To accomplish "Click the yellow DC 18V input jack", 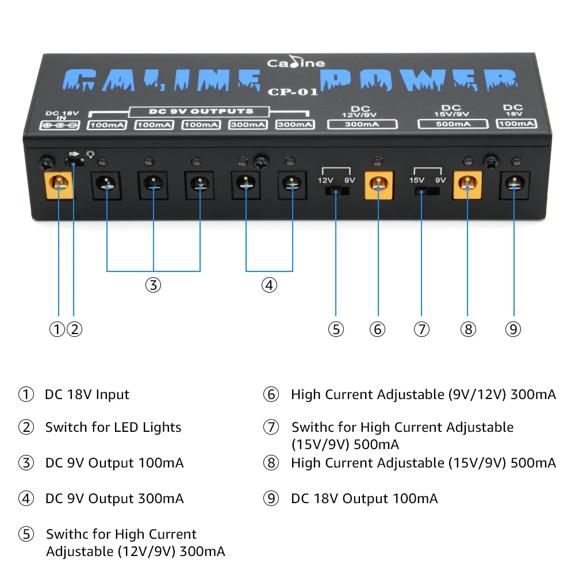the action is (x=59, y=186).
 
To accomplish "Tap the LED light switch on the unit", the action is (x=74, y=162).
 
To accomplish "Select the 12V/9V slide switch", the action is (x=337, y=191).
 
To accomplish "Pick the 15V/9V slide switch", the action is (x=427, y=191).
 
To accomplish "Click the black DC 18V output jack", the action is (x=514, y=185).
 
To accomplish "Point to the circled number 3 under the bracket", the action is (x=154, y=285).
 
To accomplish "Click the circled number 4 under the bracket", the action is (x=269, y=285).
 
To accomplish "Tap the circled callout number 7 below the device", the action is (x=421, y=329).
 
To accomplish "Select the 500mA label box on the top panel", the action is (x=453, y=124).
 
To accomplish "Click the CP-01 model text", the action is (x=293, y=91).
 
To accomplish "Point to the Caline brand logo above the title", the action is (x=296, y=62).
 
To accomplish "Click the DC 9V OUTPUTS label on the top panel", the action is (x=201, y=111).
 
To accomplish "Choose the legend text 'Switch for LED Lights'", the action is (x=113, y=427).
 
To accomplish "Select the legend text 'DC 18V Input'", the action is (x=87, y=394).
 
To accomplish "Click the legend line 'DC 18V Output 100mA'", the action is (x=365, y=499).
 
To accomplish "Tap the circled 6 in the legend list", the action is (x=271, y=394).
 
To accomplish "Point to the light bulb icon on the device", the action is (x=90, y=154).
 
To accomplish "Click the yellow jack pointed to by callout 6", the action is (x=379, y=186).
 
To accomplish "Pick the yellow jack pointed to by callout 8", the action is (x=467, y=185).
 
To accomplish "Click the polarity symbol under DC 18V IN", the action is (x=59, y=125).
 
